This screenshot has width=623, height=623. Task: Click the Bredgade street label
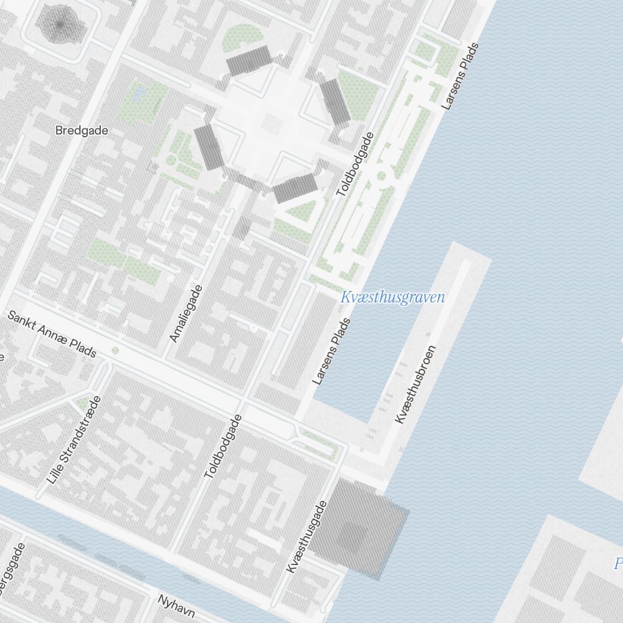[x=82, y=131]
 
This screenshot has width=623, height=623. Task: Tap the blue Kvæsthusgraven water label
[x=392, y=297]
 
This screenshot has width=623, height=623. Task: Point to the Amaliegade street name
[x=186, y=313]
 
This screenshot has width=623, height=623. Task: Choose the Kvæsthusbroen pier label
[x=416, y=384]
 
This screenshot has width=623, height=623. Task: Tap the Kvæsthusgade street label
[x=305, y=536]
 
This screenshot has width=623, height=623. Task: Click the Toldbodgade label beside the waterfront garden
[x=354, y=164]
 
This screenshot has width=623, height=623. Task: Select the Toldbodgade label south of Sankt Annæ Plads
[x=223, y=447]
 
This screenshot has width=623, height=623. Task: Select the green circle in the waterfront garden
[x=381, y=176]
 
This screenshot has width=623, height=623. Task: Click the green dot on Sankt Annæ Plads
[x=115, y=351]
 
